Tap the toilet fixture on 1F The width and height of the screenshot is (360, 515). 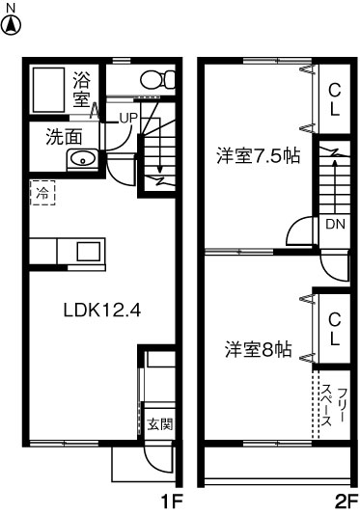tap(151, 79)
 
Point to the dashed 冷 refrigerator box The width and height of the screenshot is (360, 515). tap(42, 193)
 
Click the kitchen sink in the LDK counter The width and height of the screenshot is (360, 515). tap(88, 251)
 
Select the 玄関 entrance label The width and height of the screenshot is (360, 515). tap(160, 424)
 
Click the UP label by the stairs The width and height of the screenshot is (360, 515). tap(128, 118)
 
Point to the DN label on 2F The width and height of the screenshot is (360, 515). tap(334, 225)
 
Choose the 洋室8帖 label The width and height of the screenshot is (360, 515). tap(260, 348)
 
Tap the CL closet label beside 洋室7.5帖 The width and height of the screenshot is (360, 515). tap(334, 99)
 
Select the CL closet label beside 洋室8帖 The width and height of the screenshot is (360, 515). tap(334, 329)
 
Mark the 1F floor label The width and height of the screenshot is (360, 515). tap(171, 501)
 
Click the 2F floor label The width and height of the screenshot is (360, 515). tap(346, 501)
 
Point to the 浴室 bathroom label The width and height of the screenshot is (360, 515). tap(81, 89)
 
